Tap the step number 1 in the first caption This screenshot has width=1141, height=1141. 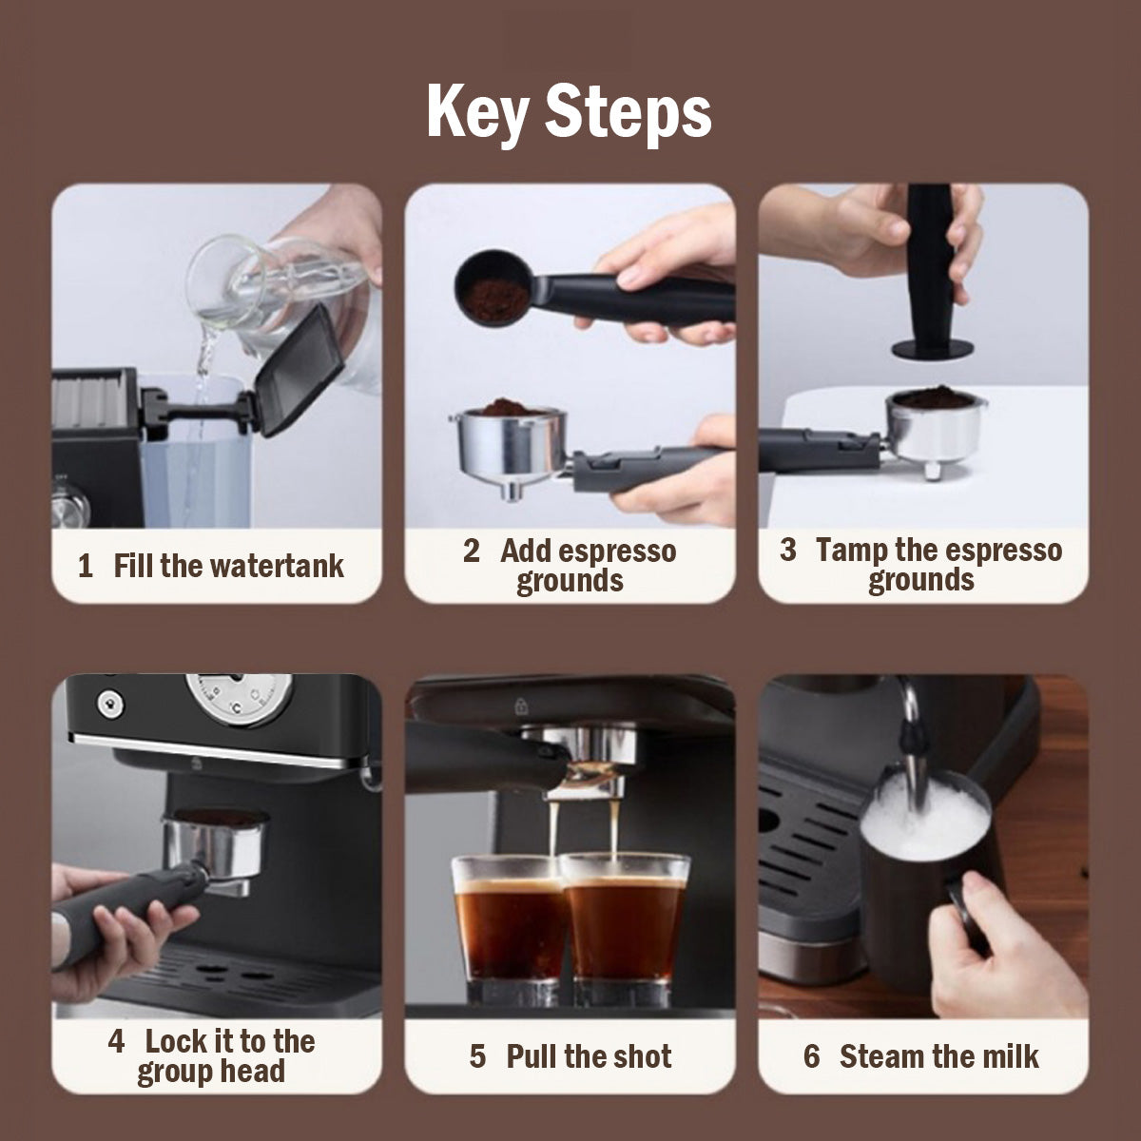pyautogui.click(x=86, y=567)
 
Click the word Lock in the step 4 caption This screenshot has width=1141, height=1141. pyautogui.click(x=176, y=1041)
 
